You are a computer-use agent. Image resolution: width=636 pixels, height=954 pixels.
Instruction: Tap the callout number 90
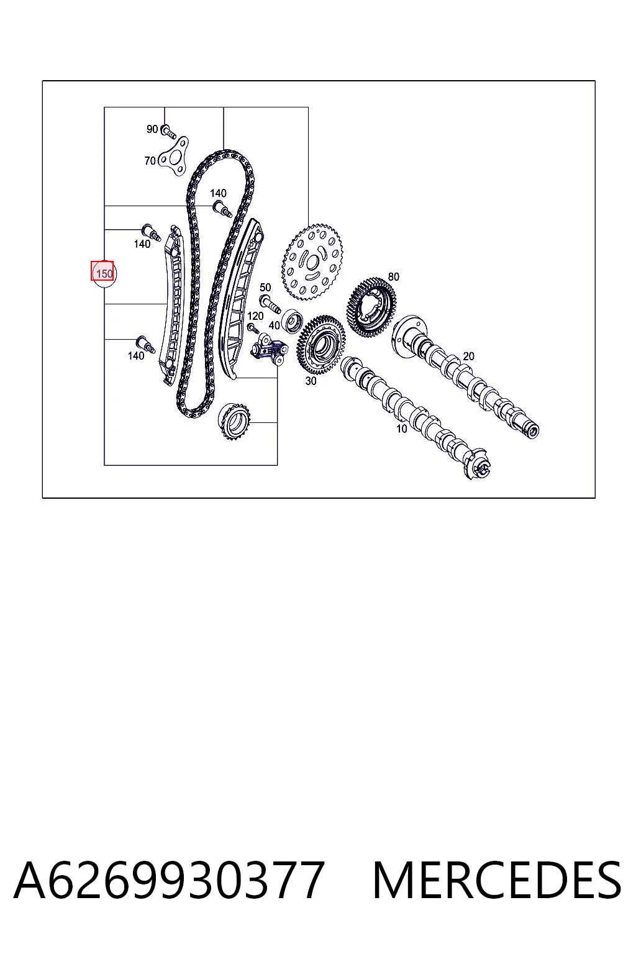point(152,129)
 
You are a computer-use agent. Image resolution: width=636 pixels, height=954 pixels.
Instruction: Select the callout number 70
point(150,161)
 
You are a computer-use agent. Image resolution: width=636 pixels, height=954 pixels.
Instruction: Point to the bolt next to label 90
point(169,131)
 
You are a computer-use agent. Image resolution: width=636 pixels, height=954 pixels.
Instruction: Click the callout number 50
point(265,288)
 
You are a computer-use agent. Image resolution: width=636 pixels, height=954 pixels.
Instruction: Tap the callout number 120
point(255,316)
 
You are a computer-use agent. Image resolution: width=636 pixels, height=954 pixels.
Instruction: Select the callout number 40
point(275,325)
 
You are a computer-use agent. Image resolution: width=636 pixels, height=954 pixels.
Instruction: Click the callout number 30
point(311,381)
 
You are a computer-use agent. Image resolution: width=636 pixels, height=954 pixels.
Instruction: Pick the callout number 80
point(394,277)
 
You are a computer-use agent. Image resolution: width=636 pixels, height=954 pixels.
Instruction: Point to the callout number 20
point(468,356)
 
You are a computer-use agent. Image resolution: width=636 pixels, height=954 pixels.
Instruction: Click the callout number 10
point(402,429)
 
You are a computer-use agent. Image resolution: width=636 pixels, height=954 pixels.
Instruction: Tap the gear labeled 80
point(371,307)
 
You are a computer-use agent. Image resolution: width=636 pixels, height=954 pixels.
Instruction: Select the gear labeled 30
point(321,345)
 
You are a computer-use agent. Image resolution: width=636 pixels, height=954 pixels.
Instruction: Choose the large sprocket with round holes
point(312,262)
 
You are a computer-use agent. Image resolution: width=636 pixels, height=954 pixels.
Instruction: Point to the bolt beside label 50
point(269,303)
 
